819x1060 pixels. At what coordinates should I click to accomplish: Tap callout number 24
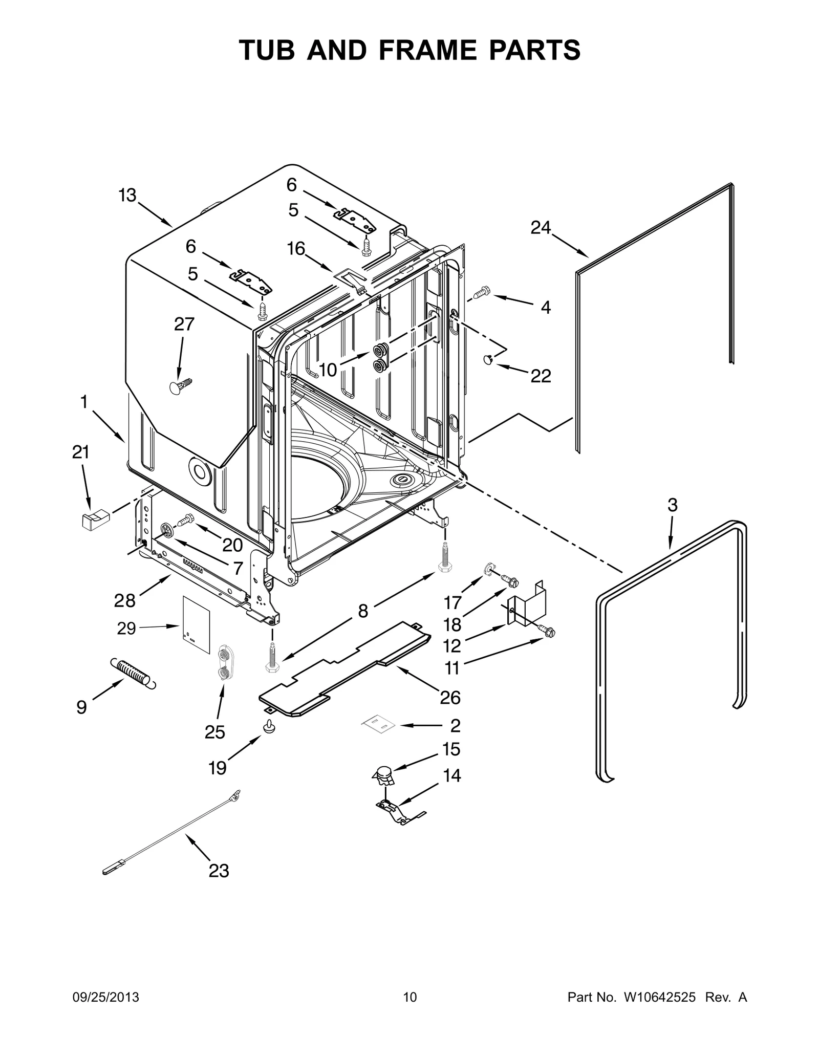click(540, 227)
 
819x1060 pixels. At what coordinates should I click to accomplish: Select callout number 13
click(127, 195)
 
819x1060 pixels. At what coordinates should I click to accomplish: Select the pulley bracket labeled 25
click(224, 662)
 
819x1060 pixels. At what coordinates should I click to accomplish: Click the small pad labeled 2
click(379, 723)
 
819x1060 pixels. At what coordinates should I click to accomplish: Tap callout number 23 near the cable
click(219, 871)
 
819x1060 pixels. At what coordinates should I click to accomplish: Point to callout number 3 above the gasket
click(672, 505)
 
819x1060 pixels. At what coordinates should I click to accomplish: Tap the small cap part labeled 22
click(488, 360)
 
